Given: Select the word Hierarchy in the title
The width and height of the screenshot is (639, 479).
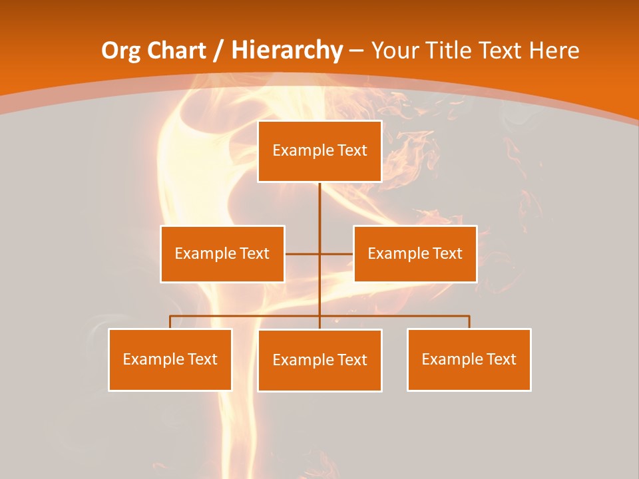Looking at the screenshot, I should click(287, 51).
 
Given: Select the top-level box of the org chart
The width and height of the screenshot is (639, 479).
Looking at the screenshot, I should click(319, 151).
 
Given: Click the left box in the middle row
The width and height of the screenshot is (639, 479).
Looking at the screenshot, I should click(222, 253).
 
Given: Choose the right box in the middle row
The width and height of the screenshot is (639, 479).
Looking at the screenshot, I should click(415, 253).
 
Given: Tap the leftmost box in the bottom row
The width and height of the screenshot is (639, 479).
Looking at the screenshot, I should click(170, 359).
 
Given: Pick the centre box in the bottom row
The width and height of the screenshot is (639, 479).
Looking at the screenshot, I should click(319, 360).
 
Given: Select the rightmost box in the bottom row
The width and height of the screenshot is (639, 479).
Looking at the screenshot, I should click(469, 359).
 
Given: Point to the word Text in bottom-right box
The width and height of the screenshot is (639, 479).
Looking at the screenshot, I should click(501, 359).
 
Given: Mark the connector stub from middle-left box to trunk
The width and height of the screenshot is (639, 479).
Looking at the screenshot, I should click(302, 253).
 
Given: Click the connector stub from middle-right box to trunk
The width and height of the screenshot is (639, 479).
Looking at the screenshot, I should click(337, 253).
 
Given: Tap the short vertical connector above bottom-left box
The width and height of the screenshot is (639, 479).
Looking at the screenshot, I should click(170, 322).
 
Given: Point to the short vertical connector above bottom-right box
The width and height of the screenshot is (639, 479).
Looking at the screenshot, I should click(469, 322).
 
